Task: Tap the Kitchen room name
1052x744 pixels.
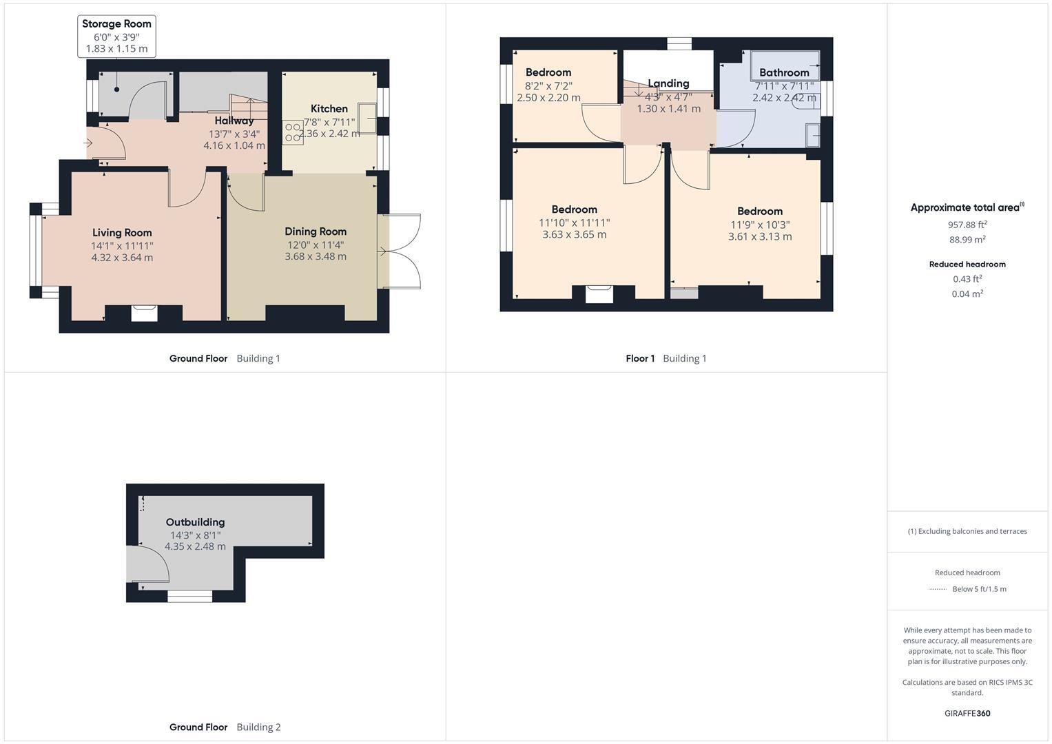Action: [x=329, y=108]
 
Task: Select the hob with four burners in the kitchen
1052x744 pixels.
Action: [x=293, y=132]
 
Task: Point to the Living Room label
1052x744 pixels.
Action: [x=122, y=233]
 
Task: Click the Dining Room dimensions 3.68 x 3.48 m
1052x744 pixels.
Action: [x=316, y=256]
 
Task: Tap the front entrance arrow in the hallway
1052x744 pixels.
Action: [x=88, y=143]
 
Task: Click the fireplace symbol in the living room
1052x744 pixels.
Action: [x=144, y=313]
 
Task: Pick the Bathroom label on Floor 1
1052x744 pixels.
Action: [x=784, y=72]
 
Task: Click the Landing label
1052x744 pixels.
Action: [x=668, y=83]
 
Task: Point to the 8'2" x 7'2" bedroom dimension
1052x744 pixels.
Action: [x=548, y=86]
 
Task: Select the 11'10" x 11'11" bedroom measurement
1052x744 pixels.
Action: [x=574, y=223]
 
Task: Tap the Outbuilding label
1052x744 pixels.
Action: [x=195, y=522]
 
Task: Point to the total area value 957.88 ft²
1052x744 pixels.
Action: [x=967, y=225]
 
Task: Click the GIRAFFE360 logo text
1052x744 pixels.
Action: [x=967, y=713]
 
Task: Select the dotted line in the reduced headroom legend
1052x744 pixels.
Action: [x=938, y=589]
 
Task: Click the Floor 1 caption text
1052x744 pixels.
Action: [x=640, y=358]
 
